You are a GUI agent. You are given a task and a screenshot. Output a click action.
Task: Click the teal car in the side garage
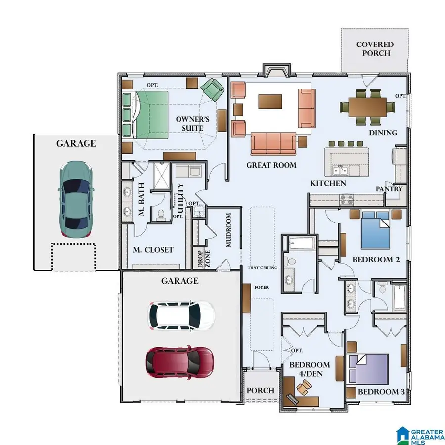pos(76,199)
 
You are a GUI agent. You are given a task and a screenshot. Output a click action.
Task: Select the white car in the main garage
pos(181,315)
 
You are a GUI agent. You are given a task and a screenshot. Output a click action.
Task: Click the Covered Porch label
pos(375,49)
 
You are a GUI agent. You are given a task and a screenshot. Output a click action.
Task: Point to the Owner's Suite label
pos(193,124)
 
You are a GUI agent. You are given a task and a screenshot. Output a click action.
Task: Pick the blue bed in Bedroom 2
pos(379,230)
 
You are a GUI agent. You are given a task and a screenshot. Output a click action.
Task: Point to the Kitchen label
pos(328,183)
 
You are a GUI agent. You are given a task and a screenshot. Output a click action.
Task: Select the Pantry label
pos(389,189)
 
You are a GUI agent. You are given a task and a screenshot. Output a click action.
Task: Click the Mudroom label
pos(228,230)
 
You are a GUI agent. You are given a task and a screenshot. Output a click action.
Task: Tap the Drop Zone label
pos(201,259)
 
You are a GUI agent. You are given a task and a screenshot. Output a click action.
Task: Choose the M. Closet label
pos(153,250)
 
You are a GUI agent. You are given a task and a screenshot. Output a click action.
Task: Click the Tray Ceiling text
pos(263,268)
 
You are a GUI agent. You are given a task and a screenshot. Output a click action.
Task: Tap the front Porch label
pos(261,390)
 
